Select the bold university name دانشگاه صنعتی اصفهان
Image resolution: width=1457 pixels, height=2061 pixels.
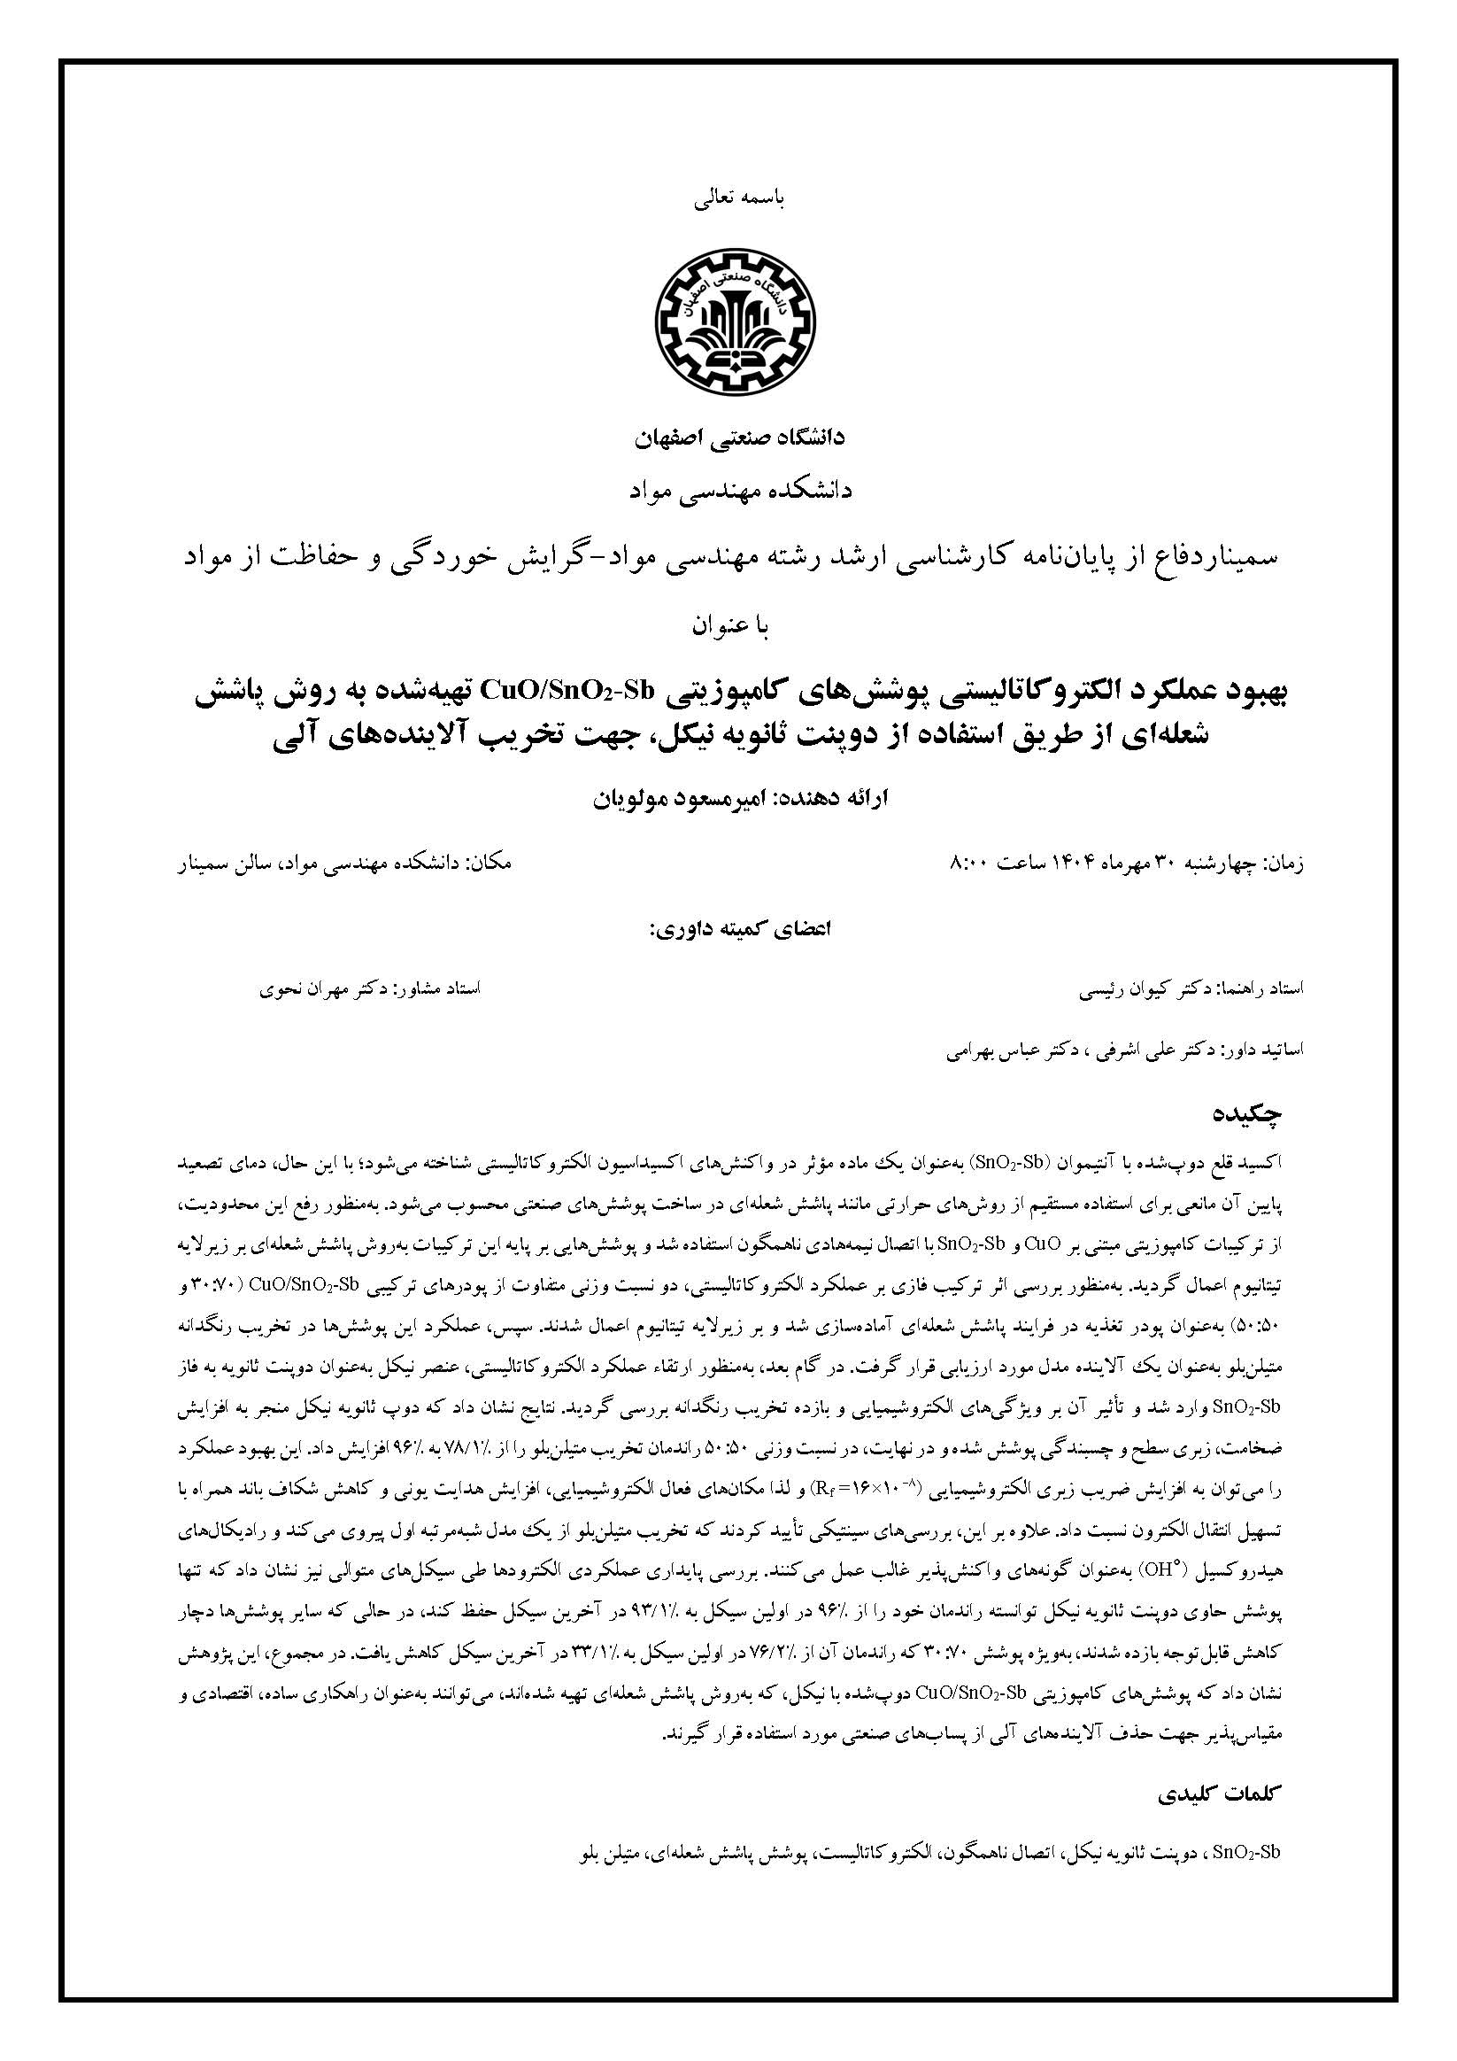(740, 440)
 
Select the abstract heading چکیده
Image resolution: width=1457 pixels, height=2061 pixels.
(1247, 1116)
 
